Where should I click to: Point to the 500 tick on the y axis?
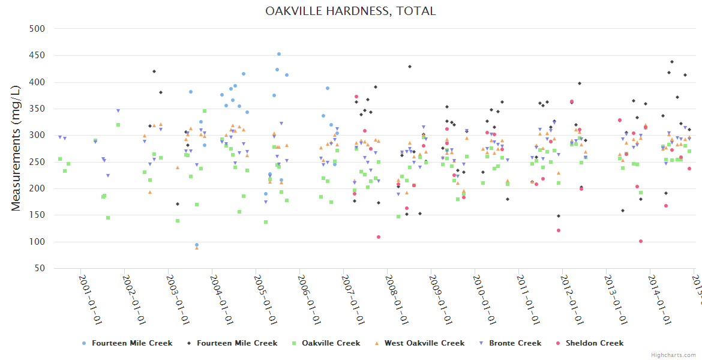click(38, 29)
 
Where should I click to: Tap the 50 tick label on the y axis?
click(40, 268)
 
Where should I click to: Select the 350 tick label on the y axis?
click(38, 109)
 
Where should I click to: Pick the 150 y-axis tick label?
click(38, 215)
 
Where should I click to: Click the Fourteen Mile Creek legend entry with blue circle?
click(127, 343)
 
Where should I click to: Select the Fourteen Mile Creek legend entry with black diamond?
click(232, 343)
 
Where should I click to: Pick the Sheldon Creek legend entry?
click(590, 343)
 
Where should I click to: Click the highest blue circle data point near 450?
click(279, 54)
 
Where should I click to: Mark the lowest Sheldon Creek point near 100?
click(641, 241)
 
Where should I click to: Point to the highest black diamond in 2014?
click(672, 62)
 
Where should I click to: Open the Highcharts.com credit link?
click(673, 355)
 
